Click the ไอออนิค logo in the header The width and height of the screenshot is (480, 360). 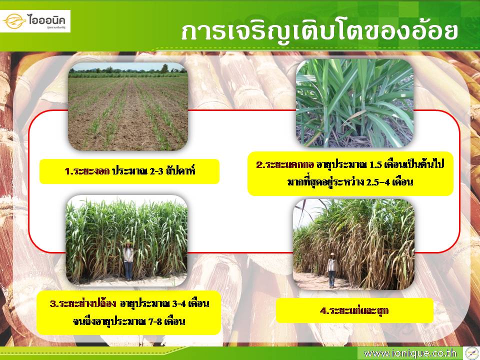35,21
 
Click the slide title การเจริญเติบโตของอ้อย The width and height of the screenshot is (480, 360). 319,31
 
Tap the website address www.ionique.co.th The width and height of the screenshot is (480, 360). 410,353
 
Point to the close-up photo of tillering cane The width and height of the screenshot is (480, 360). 355,103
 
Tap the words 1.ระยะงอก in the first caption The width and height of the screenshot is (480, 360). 87,171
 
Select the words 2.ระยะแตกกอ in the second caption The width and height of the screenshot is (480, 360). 285,164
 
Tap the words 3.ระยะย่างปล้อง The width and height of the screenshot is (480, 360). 83,303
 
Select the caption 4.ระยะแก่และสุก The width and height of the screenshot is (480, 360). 354,310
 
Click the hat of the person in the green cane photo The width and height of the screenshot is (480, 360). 128,242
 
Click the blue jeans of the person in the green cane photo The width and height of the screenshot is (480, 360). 128,271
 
